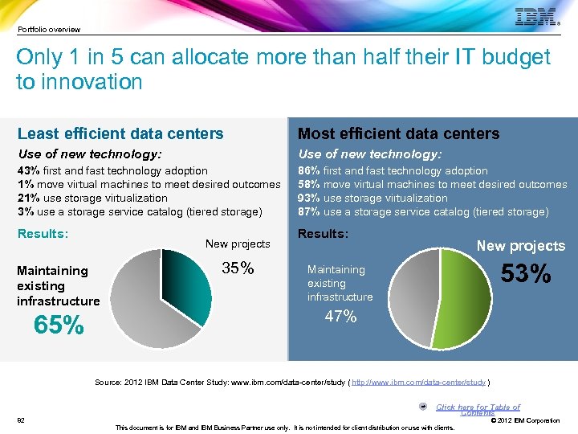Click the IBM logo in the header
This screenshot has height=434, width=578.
pyautogui.click(x=535, y=17)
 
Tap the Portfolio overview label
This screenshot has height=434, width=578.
pyautogui.click(x=49, y=30)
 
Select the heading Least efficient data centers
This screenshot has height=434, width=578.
pyautogui.click(x=120, y=133)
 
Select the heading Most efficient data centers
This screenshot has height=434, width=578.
pyautogui.click(x=398, y=133)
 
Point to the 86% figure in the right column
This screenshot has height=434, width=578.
pyautogui.click(x=307, y=170)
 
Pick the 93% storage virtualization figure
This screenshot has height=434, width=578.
pyautogui.click(x=307, y=198)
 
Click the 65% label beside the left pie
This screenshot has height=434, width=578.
pyautogui.click(x=58, y=325)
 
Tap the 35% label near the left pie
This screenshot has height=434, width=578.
pyautogui.click(x=237, y=268)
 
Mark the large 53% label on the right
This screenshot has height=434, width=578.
pyautogui.click(x=526, y=275)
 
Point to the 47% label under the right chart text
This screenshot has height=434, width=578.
pyautogui.click(x=340, y=317)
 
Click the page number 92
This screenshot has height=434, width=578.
pyautogui.click(x=21, y=420)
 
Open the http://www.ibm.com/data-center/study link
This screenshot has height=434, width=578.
pyautogui.click(x=418, y=382)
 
